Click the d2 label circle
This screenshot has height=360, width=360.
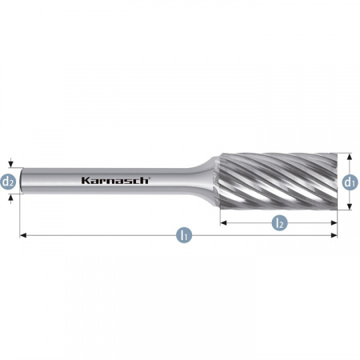(9, 182)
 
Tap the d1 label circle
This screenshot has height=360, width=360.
(350, 182)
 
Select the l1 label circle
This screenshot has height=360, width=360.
(185, 235)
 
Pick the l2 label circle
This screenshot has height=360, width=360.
(278, 222)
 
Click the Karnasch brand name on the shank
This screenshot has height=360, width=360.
(114, 181)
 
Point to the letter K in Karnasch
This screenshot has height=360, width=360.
(84, 181)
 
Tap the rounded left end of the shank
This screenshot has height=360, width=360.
(23, 182)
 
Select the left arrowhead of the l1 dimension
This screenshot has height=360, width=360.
(24, 235)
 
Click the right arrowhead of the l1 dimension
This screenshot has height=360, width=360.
(334, 235)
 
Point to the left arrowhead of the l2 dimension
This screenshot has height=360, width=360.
(224, 222)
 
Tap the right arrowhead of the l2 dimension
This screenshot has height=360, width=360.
(334, 222)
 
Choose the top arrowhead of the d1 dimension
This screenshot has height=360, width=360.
(350, 158)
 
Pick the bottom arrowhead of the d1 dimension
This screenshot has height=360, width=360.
(350, 206)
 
